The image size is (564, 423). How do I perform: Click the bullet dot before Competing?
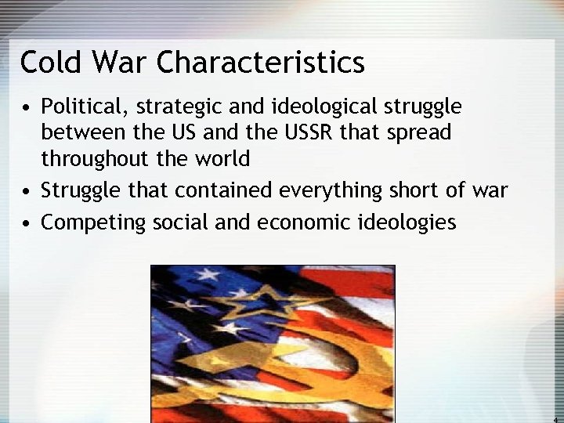pyautogui.click(x=27, y=223)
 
